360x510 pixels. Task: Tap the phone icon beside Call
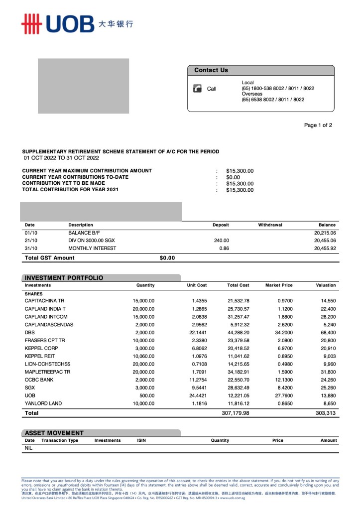[197, 89]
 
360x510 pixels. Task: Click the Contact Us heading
[211, 70]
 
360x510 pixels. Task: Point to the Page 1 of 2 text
[318, 126]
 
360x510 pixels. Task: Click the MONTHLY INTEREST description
[92, 248]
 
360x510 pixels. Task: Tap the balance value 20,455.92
[325, 248]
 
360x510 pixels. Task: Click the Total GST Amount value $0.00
[167, 258]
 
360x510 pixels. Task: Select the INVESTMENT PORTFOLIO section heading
[64, 278]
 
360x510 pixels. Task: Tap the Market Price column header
[279, 285]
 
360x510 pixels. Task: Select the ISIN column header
[141, 440]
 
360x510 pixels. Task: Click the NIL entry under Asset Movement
[29, 448]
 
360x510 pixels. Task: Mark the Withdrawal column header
[270, 225]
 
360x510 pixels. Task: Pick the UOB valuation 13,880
[327, 395]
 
